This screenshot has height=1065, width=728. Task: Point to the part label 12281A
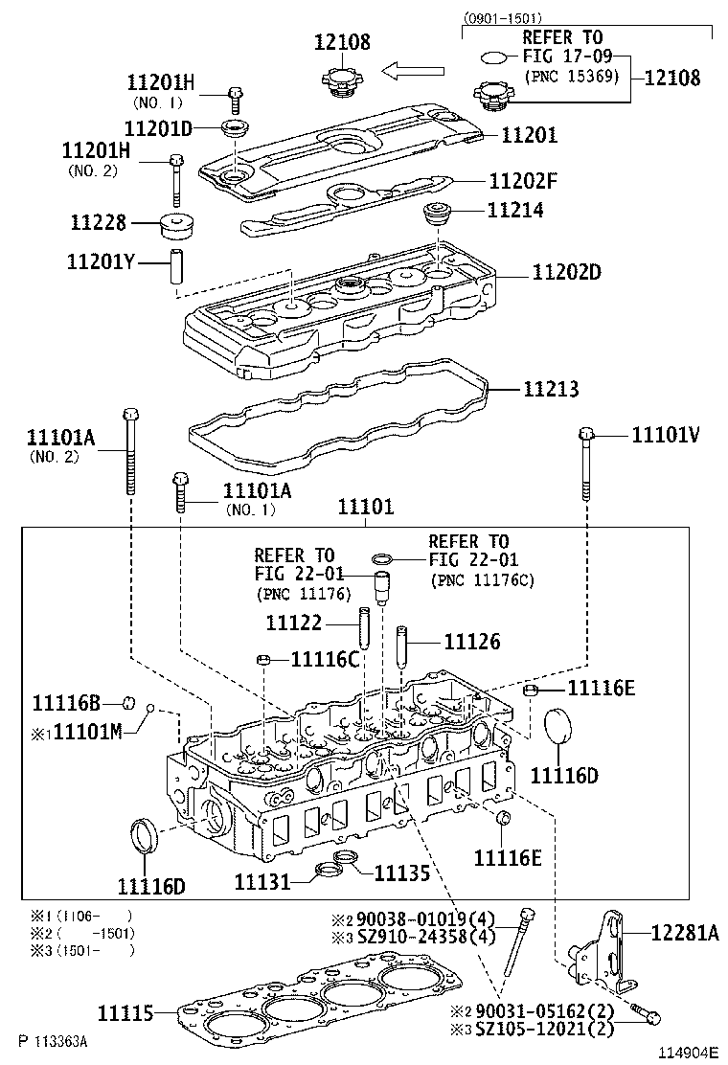tap(684, 933)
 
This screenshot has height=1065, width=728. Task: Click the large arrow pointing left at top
tap(413, 70)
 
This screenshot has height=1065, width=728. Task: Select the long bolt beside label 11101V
tap(586, 465)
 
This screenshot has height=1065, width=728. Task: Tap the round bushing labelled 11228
tap(175, 227)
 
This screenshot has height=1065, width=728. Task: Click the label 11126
tap(471, 643)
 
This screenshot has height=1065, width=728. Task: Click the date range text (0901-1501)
tap(503, 18)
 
